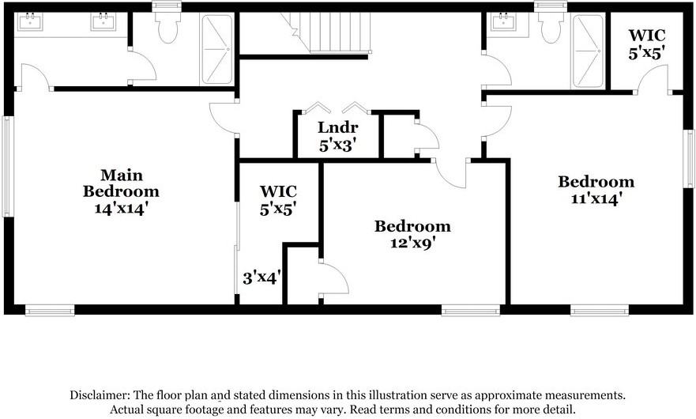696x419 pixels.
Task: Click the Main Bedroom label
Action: [x=121, y=183]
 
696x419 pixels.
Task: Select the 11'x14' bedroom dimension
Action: [x=596, y=198]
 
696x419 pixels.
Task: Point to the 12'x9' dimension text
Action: [x=412, y=243]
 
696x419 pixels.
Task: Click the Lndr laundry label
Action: [x=338, y=128]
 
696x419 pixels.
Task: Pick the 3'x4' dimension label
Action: [x=261, y=277]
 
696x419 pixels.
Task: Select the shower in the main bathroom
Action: [x=217, y=48]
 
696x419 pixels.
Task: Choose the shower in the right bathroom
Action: [x=587, y=50]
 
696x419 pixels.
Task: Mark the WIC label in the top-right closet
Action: [x=646, y=36]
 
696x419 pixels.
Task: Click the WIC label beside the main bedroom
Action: [x=278, y=191]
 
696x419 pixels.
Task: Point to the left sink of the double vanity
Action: [x=30, y=22]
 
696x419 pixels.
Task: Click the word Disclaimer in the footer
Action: [x=99, y=394]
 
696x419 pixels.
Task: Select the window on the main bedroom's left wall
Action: [x=7, y=166]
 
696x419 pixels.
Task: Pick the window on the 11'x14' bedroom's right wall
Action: [x=688, y=158]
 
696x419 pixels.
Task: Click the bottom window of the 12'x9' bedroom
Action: [x=470, y=310]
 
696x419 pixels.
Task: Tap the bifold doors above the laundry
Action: [x=337, y=107]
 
